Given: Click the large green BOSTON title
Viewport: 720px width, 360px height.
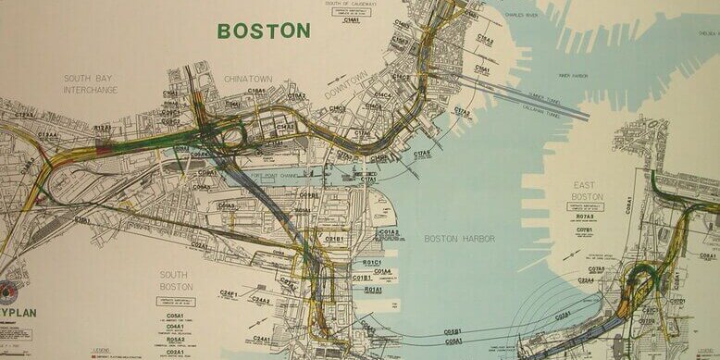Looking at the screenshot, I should (264, 31).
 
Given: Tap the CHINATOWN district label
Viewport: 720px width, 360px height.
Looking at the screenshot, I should (249, 80).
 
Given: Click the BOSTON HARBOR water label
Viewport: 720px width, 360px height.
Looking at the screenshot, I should (459, 239).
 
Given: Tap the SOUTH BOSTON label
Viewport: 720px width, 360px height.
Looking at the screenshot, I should (175, 279).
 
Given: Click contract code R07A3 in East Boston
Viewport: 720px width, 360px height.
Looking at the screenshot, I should (585, 217).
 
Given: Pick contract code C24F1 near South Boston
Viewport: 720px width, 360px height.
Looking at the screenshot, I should (230, 293).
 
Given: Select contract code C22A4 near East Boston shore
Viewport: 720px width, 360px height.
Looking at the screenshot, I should (586, 279).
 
